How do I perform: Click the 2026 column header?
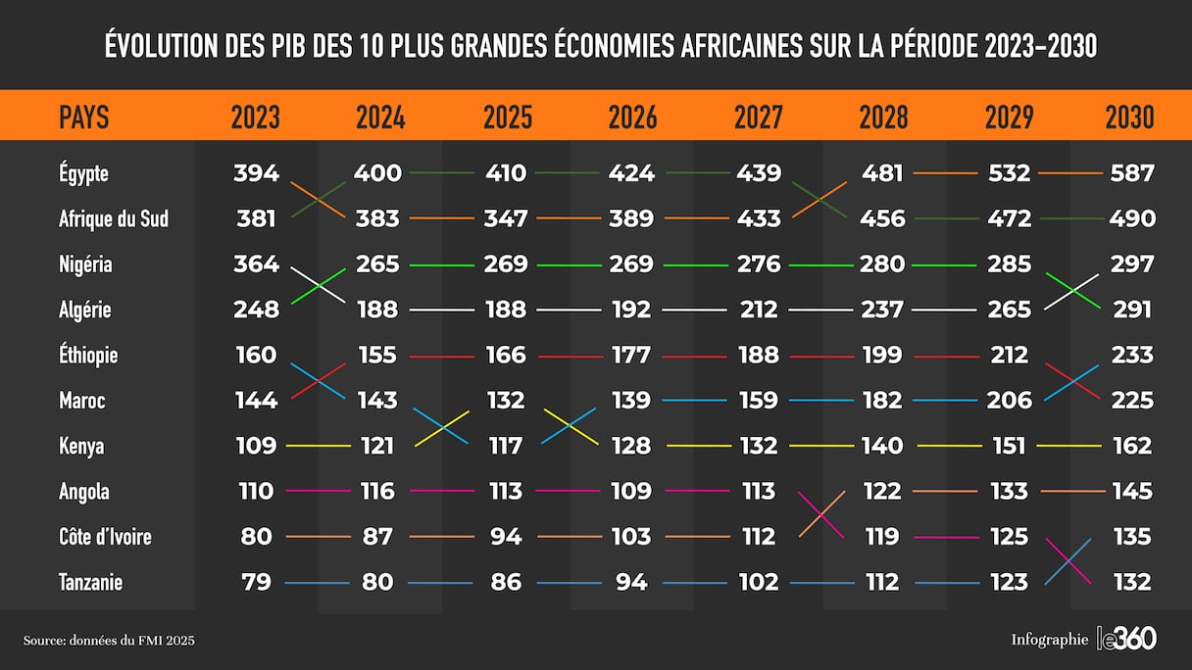pos(632,118)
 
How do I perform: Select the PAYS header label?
pos(84,118)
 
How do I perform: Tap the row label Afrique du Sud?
pos(114,218)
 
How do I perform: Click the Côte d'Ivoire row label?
pos(105,537)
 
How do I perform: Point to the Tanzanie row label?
pos(90,583)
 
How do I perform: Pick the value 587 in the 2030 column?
pos(1132,173)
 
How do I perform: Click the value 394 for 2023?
pos(256,173)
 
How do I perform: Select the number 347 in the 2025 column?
pos(505,218)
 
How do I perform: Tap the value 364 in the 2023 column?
pos(256,263)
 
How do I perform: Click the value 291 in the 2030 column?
pos(1131,310)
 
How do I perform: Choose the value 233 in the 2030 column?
pos(1132,355)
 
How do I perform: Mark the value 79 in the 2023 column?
pos(256,583)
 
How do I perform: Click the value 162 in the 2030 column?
pos(1132,446)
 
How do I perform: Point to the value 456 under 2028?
pos(882,218)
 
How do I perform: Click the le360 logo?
pos(1126,639)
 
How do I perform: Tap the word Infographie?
pos(1049,640)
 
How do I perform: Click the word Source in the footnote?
pos(43,641)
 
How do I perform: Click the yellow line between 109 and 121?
pos(318,446)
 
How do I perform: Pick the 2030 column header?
pos(1129,118)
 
